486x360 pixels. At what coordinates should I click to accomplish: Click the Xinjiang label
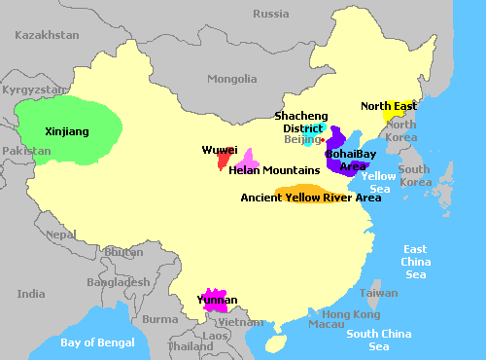(67, 130)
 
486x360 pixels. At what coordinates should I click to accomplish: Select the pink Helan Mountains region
(248, 160)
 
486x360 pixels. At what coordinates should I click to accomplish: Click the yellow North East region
(391, 115)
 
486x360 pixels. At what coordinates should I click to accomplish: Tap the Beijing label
(300, 140)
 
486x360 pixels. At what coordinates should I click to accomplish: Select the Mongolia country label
(232, 79)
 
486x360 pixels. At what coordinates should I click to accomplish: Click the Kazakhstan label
(47, 34)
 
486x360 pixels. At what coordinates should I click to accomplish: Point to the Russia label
(270, 14)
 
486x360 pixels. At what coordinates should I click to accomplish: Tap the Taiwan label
(378, 293)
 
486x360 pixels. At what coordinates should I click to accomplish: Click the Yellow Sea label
(377, 182)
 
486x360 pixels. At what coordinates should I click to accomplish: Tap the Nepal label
(60, 234)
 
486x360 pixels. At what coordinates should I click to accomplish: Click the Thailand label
(191, 345)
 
